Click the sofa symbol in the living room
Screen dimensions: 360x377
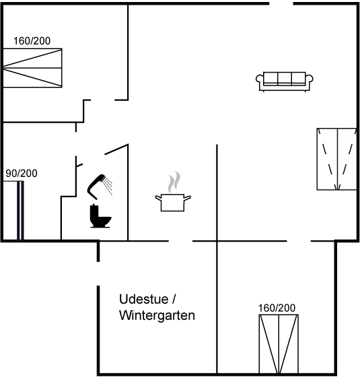coord(284,81)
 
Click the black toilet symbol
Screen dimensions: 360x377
coord(100,215)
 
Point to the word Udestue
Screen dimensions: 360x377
coord(144,299)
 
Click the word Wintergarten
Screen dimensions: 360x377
coord(157,315)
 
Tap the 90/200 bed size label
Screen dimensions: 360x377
coord(22,174)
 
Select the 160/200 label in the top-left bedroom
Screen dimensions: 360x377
coord(32,41)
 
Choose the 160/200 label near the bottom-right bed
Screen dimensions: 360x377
coord(277,308)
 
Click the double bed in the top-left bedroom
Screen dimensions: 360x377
coord(32,68)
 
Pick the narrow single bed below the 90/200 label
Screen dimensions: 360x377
coord(13,210)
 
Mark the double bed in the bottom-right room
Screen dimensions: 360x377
coord(279,344)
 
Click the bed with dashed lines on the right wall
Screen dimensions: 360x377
coord(336,159)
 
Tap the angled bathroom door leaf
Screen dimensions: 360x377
coord(116,149)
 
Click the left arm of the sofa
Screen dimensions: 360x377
coord(260,81)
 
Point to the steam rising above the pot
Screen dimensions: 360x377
coord(174,182)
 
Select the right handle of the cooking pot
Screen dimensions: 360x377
coord(188,198)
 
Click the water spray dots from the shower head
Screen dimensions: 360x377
coord(109,186)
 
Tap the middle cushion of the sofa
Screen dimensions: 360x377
coord(285,78)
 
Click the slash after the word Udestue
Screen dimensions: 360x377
coord(174,300)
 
